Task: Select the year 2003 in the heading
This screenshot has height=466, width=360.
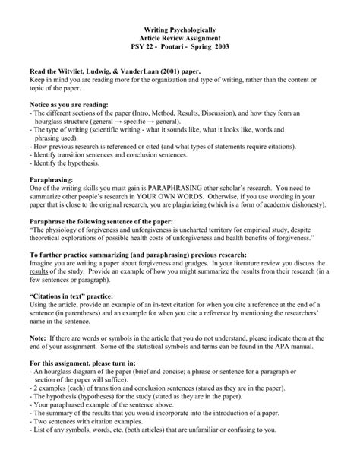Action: [x=225, y=47]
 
